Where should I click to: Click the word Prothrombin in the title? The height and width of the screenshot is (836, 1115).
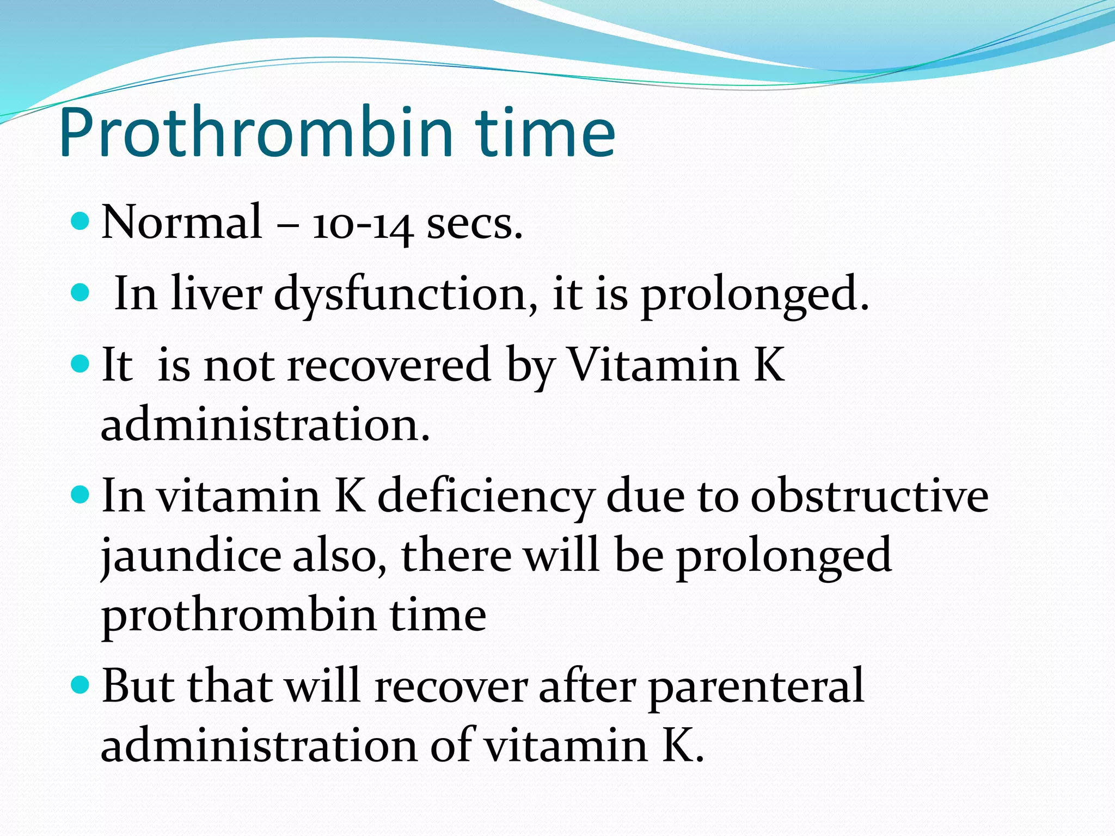[256, 133]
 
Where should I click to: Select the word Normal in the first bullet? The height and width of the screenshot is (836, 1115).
[182, 222]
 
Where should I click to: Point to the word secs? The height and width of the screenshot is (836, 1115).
[474, 224]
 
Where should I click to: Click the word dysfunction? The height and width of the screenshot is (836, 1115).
[406, 294]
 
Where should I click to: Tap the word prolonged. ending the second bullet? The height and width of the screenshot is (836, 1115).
[755, 294]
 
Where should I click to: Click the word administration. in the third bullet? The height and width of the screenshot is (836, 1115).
[265, 425]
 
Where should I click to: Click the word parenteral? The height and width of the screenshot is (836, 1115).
[756, 687]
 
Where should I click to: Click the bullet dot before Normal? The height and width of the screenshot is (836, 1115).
[80, 221]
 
